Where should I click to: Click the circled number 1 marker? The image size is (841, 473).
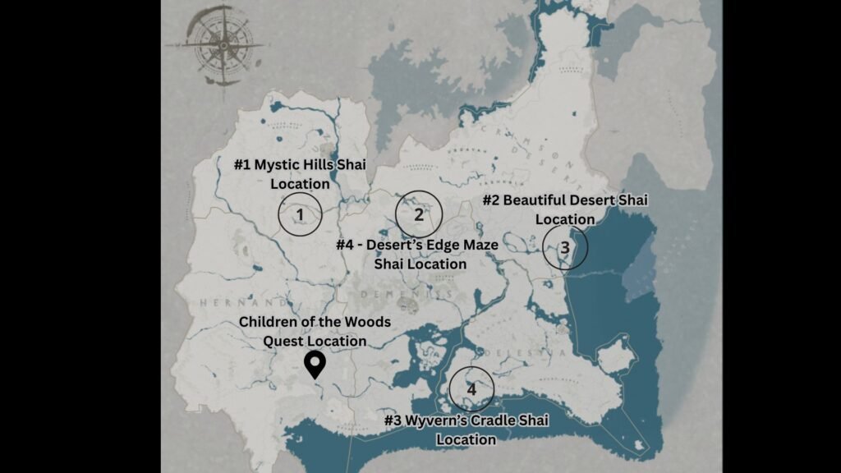coord(300,215)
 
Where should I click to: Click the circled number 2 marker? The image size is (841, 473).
coord(419,214)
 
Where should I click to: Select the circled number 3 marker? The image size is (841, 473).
coord(565,247)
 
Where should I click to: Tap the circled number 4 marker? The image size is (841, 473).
coord(471,389)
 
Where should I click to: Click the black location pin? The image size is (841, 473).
coord(314,364)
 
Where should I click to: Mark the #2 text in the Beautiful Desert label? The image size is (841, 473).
coord(492,200)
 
